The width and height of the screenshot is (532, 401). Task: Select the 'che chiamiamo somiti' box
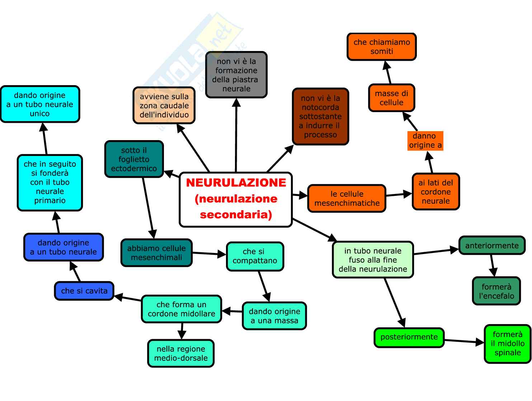[x=382, y=47]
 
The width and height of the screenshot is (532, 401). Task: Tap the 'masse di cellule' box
[x=391, y=98]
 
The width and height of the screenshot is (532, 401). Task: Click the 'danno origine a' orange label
[x=425, y=140]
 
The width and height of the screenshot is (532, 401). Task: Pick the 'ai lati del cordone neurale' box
[x=436, y=192]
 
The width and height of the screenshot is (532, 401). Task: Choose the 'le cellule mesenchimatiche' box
[x=347, y=198]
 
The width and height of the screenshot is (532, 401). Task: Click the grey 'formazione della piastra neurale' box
[x=236, y=75]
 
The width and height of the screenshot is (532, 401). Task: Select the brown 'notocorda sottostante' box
[x=320, y=116]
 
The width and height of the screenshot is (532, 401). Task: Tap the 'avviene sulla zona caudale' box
[x=164, y=106]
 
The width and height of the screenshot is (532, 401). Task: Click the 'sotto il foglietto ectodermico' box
[x=134, y=159]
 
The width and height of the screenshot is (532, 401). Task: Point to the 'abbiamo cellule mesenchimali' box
[x=156, y=253]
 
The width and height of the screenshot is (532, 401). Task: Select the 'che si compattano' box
[x=255, y=256]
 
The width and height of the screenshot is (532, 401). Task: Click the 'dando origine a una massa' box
[x=274, y=316]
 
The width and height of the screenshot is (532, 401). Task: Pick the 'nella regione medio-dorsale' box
[x=181, y=353]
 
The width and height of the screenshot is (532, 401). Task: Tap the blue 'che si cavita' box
[x=84, y=291]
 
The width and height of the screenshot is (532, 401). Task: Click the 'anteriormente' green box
[x=492, y=245]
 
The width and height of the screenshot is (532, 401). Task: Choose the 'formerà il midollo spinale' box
[x=507, y=344]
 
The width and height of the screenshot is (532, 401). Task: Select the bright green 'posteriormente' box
[x=409, y=337]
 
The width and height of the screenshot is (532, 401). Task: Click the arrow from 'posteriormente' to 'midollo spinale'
[x=463, y=341]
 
